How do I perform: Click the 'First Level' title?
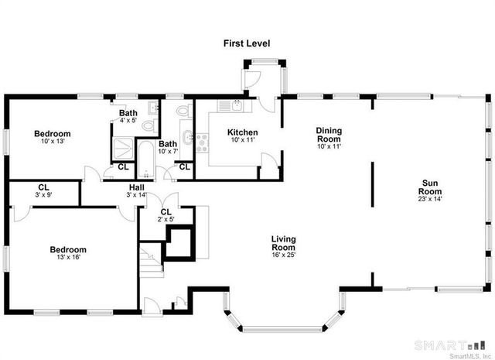tap(247, 43)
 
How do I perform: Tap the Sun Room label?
tap(430, 187)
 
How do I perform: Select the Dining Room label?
tap(329, 134)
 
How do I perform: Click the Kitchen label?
tap(242, 132)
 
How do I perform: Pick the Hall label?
tap(137, 188)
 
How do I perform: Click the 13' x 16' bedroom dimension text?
tap(68, 259)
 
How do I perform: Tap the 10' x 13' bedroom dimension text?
tap(52, 142)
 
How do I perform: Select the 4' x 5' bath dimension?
tap(128, 121)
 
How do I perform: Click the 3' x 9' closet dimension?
tap(43, 195)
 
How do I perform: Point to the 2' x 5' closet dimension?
tap(166, 220)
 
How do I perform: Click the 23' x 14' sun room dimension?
tap(430, 199)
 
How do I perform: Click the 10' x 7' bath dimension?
tap(168, 152)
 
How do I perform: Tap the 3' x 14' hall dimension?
tap(137, 195)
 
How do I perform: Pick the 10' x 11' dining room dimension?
tap(329, 146)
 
